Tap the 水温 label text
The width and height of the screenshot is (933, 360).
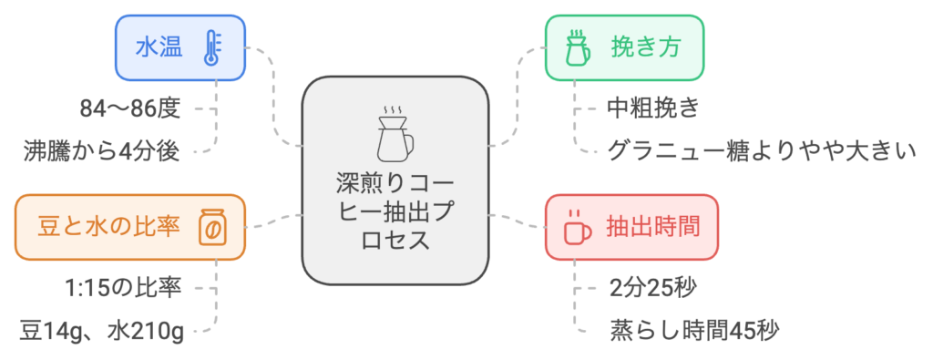159,48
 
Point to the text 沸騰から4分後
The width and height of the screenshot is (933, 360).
102,151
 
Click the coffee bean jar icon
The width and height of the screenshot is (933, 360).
212,227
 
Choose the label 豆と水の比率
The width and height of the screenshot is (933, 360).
109,227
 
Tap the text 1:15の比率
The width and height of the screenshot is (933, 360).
123,289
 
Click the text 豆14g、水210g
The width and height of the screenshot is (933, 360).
102,330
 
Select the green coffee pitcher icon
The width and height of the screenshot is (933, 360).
577,47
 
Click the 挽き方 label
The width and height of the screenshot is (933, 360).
647,48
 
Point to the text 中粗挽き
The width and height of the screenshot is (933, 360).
652,109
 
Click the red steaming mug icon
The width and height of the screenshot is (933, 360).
577,227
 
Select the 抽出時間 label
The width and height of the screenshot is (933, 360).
652,227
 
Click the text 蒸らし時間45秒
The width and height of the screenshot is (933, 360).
693,330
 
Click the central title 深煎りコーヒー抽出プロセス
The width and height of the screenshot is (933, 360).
395,211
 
